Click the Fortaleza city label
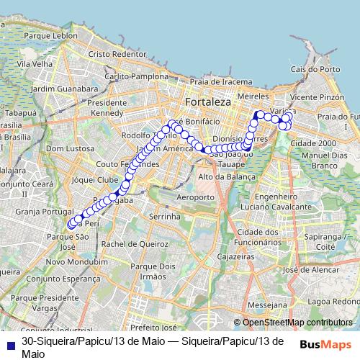click(x=207, y=102)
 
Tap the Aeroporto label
click(x=195, y=197)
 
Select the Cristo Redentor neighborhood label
click(x=117, y=54)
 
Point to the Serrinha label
click(x=163, y=216)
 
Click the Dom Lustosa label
click(x=66, y=148)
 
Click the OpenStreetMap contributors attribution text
click(x=297, y=323)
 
